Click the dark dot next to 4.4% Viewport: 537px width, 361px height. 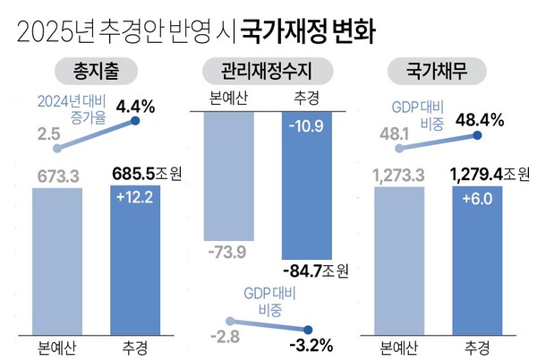135,120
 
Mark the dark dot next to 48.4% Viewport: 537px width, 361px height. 477,136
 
